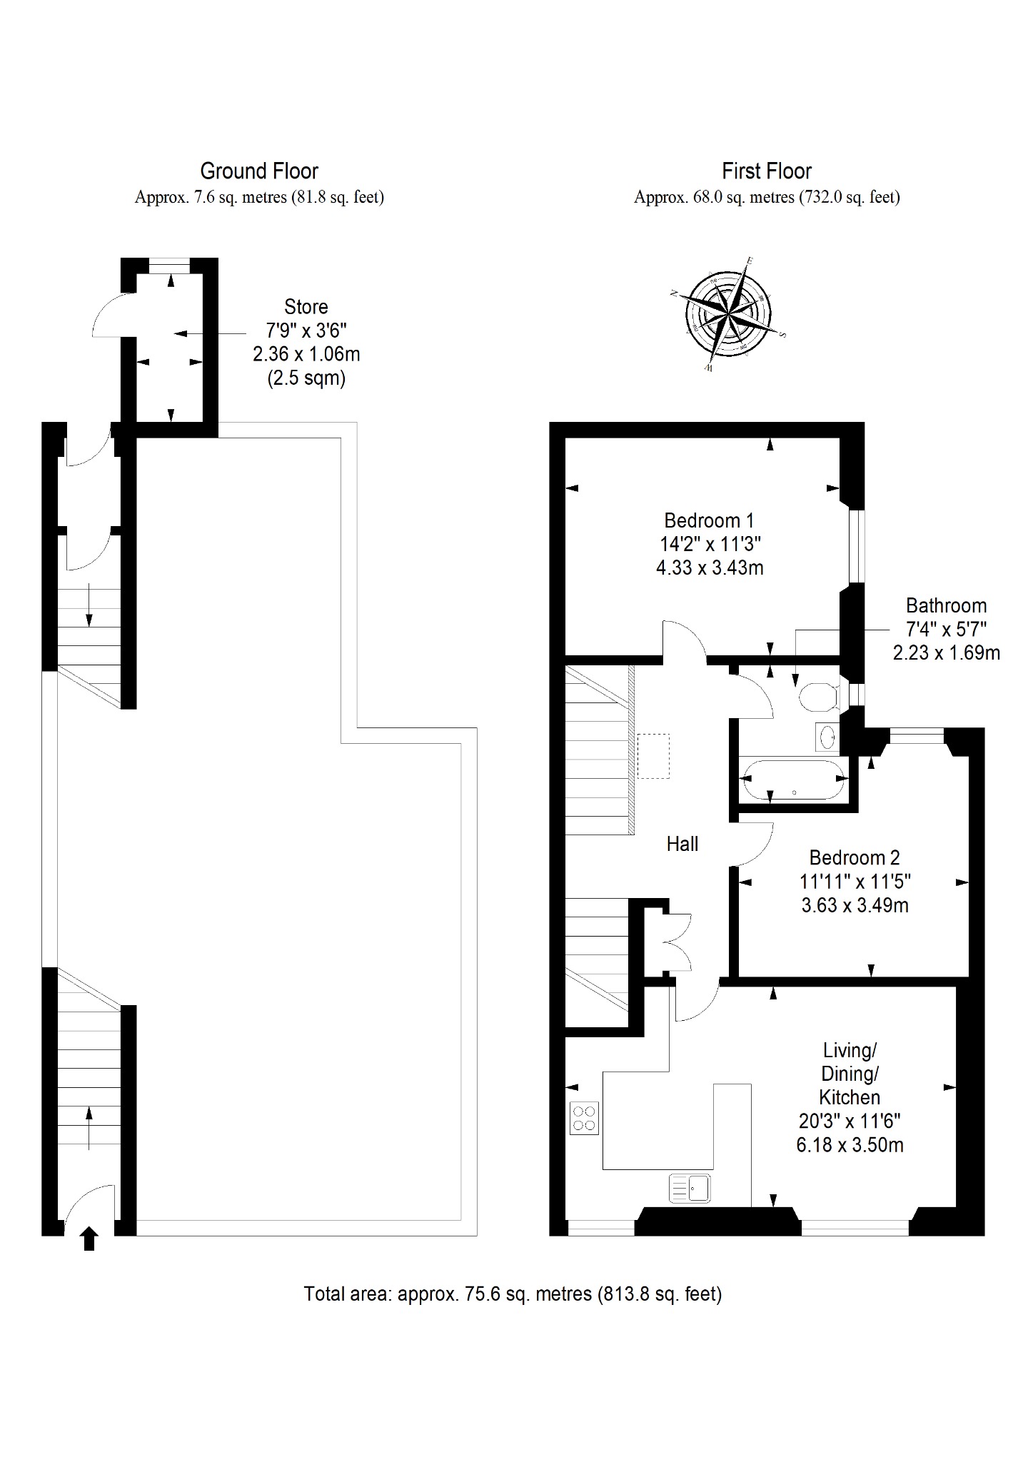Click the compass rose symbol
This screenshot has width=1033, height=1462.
point(727,314)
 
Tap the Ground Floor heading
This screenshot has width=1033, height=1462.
point(259,171)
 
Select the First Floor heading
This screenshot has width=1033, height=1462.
point(767,171)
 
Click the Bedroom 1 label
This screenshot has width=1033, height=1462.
point(709,520)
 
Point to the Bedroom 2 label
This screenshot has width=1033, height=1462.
point(855,857)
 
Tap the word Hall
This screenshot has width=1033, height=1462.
point(682,844)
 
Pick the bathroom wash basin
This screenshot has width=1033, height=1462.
point(827,737)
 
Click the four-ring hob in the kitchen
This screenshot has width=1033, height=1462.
point(585,1119)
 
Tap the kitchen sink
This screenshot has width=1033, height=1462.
point(689,1189)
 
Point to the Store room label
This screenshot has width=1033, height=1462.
point(306,307)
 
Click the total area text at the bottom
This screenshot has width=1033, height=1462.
point(513,1294)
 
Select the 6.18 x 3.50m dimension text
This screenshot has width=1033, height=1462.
point(850,1145)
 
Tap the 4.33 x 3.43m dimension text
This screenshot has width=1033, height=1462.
point(710,568)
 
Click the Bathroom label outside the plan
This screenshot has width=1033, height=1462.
point(947,605)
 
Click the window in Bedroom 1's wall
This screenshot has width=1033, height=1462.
point(857,546)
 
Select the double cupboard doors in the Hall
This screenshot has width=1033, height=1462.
point(678,942)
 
